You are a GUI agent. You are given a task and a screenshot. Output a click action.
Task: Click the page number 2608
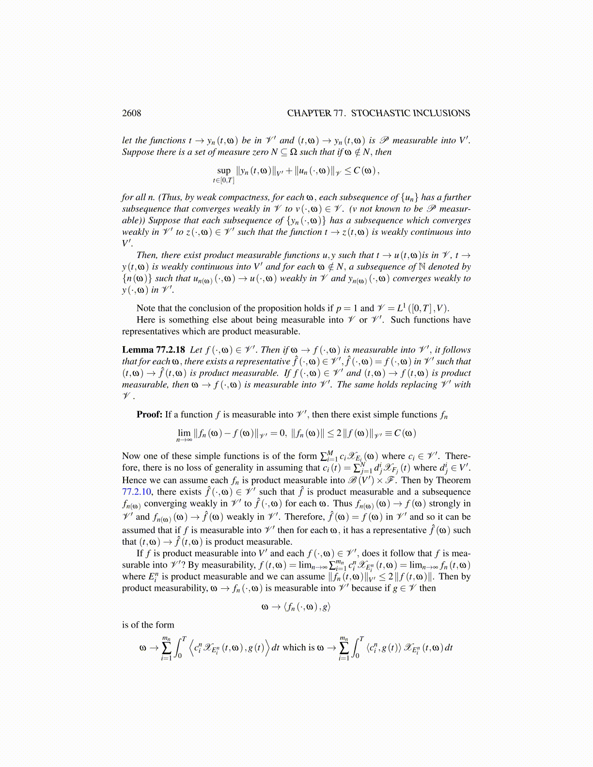[x=131, y=113]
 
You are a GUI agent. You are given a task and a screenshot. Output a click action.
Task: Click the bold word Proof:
[x=149, y=414]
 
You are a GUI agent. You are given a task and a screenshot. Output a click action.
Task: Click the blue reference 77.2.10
[x=137, y=492]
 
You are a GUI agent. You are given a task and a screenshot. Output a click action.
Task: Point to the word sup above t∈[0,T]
[x=224, y=170]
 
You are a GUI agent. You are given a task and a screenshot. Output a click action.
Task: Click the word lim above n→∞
[x=184, y=433]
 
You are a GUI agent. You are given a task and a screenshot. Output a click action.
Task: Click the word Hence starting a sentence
[x=134, y=480]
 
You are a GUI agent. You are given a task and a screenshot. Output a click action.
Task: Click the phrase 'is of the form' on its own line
[x=148, y=625]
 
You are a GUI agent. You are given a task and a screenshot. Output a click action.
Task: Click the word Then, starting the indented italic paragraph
[x=147, y=255]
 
